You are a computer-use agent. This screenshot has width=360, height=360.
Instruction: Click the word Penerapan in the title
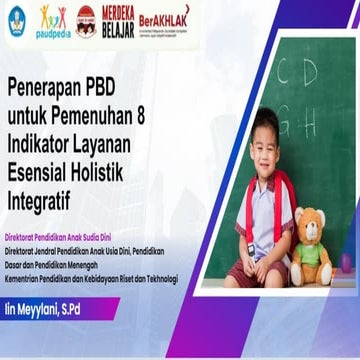pos(49,89)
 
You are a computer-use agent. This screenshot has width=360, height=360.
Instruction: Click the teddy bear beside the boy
pos(312,247)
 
